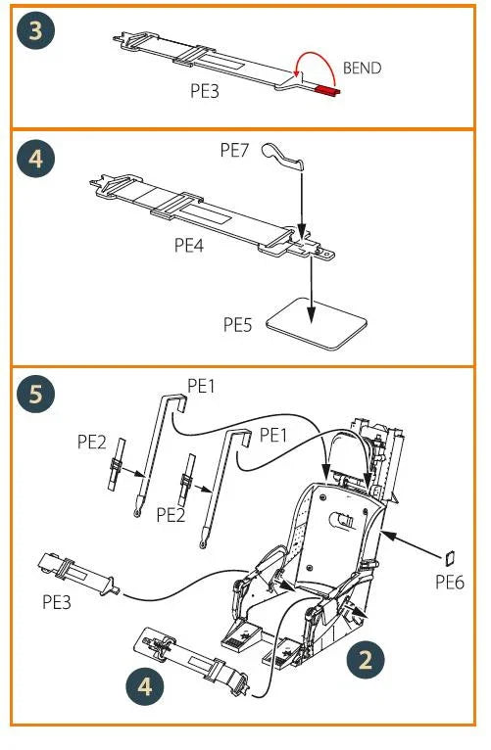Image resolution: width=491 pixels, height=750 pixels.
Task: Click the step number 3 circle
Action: click(35, 30)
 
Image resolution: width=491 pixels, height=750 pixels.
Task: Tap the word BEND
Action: click(363, 68)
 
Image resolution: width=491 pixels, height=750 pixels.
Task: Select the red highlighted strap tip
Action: click(328, 89)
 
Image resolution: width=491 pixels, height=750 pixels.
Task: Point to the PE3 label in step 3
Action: click(205, 90)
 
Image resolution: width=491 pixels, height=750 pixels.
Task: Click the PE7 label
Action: click(234, 150)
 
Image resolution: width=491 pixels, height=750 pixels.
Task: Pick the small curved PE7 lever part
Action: click(282, 157)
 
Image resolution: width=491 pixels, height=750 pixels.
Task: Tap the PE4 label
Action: click(189, 245)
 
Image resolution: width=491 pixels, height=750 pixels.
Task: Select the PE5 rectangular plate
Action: click(317, 323)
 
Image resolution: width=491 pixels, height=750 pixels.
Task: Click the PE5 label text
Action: click(238, 324)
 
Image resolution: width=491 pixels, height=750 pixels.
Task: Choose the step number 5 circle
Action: click(35, 394)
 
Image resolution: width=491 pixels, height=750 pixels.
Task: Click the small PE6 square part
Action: click(449, 558)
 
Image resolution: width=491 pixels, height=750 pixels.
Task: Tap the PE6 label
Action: click(450, 583)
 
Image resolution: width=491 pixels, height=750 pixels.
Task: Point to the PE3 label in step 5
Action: click(57, 602)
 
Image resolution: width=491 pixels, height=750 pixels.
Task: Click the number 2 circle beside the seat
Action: click(366, 659)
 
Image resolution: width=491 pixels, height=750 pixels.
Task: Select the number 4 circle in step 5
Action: click(145, 687)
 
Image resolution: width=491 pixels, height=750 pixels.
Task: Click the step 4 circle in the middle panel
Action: click(35, 159)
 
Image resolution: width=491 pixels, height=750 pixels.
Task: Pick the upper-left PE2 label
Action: click(92, 442)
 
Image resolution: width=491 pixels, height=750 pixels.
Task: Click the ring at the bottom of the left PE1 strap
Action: click(137, 513)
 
